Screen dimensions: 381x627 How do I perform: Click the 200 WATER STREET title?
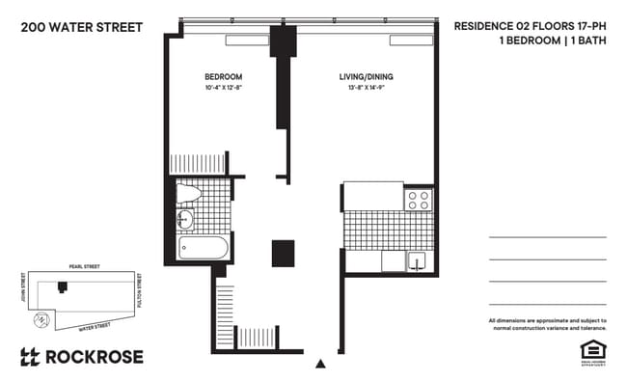[x=81, y=26]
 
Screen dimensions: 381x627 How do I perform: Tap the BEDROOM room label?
[x=223, y=76]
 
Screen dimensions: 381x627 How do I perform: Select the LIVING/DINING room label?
[x=366, y=76]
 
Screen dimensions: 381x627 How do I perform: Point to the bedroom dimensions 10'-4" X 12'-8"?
[x=223, y=89]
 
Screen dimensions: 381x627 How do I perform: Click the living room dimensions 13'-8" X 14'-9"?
[x=366, y=89]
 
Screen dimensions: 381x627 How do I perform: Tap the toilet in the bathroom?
[x=189, y=196]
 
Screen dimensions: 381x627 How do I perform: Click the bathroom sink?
[x=186, y=222]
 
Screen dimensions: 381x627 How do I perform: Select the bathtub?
[x=204, y=249]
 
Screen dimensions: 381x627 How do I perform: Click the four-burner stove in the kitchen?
[x=419, y=200]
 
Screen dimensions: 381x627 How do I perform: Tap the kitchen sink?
[x=419, y=260]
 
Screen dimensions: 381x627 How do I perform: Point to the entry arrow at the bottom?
[x=320, y=364]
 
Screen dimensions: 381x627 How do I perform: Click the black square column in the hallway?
[x=283, y=253]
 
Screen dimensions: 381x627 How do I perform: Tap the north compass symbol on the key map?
[x=41, y=319]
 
